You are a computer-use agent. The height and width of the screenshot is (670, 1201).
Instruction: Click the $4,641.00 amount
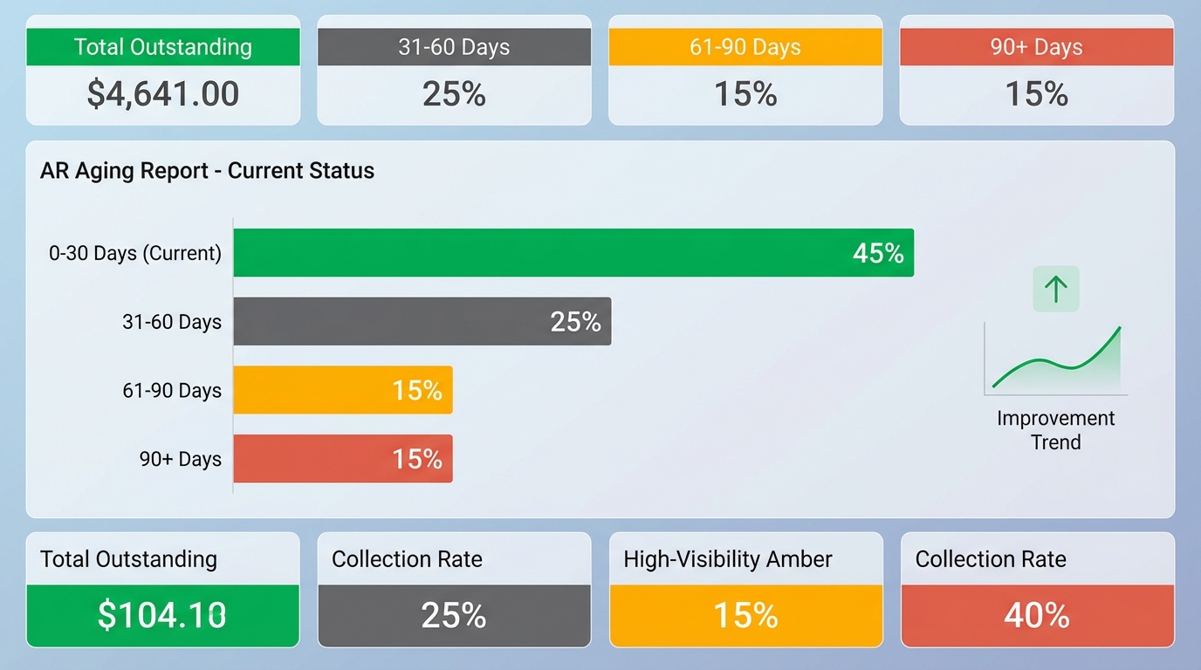pyautogui.click(x=163, y=94)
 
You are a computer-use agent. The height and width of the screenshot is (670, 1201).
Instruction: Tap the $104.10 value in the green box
pyautogui.click(x=163, y=615)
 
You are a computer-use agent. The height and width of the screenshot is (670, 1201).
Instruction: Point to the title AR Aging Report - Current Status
pyautogui.click(x=207, y=170)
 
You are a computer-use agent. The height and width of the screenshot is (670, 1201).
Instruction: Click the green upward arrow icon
pyautogui.click(x=1056, y=289)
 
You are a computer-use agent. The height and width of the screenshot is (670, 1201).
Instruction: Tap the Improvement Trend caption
pyautogui.click(x=1056, y=430)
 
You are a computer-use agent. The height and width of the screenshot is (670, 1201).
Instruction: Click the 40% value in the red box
pyautogui.click(x=1037, y=615)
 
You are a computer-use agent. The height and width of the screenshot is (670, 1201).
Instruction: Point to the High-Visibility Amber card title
pyautogui.click(x=728, y=559)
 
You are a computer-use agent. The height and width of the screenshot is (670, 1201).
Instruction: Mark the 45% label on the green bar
pyautogui.click(x=878, y=253)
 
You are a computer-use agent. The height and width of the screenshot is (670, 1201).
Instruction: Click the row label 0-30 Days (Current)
pyautogui.click(x=135, y=253)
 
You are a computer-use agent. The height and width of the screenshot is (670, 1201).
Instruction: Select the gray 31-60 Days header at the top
pyautogui.click(x=454, y=47)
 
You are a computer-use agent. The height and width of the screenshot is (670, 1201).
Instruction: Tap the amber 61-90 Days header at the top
pyautogui.click(x=745, y=47)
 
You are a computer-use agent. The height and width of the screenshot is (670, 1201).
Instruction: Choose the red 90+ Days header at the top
pyautogui.click(x=1037, y=47)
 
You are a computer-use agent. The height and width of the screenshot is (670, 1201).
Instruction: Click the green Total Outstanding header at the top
pyautogui.click(x=163, y=47)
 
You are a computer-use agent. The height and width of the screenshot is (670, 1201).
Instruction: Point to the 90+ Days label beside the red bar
pyautogui.click(x=181, y=459)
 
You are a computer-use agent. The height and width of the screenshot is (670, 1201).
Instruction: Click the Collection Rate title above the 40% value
pyautogui.click(x=991, y=559)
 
